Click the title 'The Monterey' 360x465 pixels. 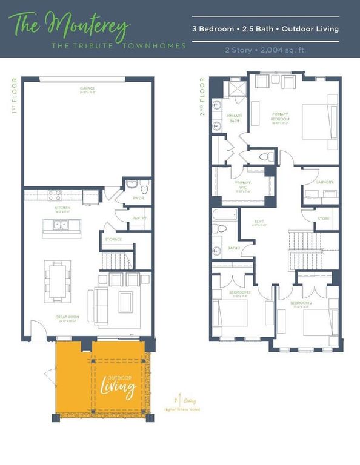72,26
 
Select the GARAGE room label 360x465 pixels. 87,89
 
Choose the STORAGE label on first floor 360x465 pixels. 114,239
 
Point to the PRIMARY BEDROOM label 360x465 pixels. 281,117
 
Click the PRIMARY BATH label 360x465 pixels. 234,119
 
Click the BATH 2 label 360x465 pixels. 234,248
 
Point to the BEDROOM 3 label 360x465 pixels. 239,293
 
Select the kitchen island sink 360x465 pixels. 61,225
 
